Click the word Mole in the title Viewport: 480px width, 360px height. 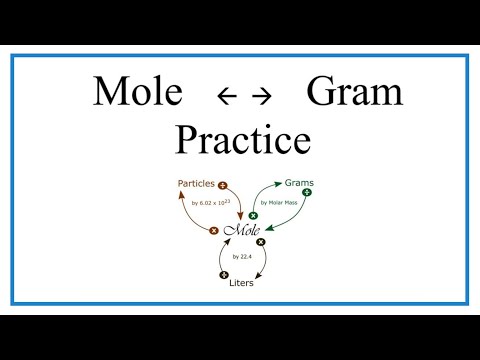point(139,92)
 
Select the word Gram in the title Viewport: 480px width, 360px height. point(353,92)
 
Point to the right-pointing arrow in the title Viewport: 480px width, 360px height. point(262,96)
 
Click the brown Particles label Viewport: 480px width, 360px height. point(196,185)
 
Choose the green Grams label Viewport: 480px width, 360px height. point(301,184)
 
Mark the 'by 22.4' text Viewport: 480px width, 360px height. point(243,258)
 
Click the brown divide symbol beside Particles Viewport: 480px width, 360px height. point(222,185)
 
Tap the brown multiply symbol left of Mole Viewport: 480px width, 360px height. point(213,231)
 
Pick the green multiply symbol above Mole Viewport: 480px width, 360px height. point(253,215)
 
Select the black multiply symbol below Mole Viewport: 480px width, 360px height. point(261,242)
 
